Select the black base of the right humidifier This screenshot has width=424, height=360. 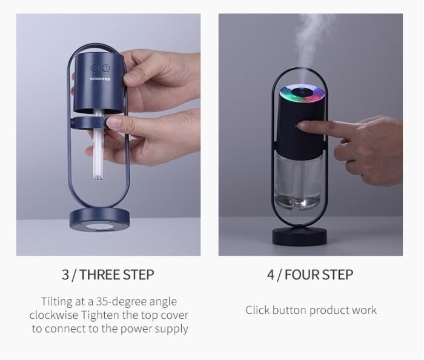(303, 233)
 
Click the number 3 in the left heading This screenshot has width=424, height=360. (65, 275)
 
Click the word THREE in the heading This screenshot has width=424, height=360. (99, 275)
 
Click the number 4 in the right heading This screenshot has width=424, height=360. (271, 275)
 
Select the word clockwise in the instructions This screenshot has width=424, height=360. (56, 315)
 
